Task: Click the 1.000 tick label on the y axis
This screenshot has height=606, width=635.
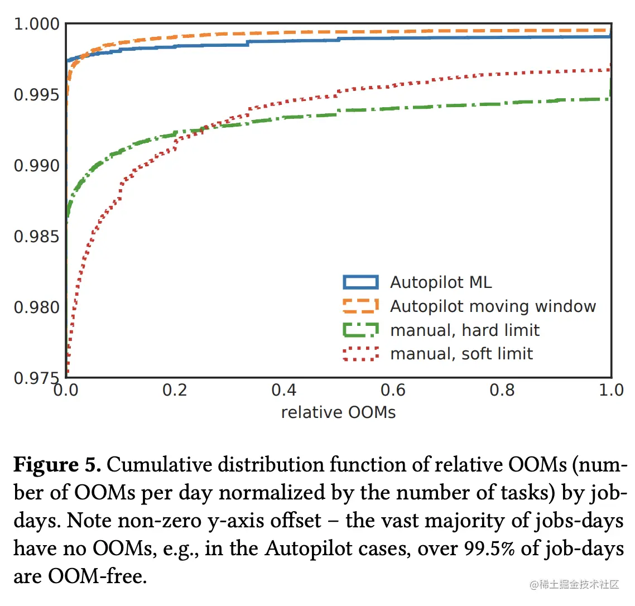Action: pyautogui.click(x=36, y=24)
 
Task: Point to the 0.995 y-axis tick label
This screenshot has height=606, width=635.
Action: pyautogui.click(x=36, y=95)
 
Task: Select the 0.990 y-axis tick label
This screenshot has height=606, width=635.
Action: pyautogui.click(x=36, y=166)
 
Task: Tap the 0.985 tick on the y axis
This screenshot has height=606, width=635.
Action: pyautogui.click(x=36, y=237)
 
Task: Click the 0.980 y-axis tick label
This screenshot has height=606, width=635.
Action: pyautogui.click(x=36, y=307)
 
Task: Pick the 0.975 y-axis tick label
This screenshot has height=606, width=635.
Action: pyautogui.click(x=36, y=378)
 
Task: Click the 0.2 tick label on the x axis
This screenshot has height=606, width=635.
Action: pyautogui.click(x=175, y=390)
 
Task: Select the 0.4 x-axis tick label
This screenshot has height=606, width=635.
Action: pyautogui.click(x=283, y=390)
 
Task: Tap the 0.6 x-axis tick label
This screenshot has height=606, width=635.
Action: pyautogui.click(x=393, y=390)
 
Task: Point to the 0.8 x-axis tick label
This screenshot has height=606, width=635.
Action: pyautogui.click(x=502, y=390)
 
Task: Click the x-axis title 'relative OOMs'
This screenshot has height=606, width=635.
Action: pyautogui.click(x=338, y=412)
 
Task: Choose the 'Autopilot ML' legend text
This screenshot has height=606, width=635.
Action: pyautogui.click(x=441, y=282)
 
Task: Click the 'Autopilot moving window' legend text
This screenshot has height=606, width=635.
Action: pyautogui.click(x=493, y=306)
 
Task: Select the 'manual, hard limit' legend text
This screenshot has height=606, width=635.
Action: pyautogui.click(x=465, y=330)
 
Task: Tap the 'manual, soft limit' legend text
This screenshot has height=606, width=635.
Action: pyautogui.click(x=461, y=354)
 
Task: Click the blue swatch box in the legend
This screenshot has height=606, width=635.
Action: pyautogui.click(x=360, y=282)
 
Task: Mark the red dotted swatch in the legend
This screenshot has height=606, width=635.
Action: pyautogui.click(x=360, y=354)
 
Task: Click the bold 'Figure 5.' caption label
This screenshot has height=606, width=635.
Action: pyautogui.click(x=57, y=465)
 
